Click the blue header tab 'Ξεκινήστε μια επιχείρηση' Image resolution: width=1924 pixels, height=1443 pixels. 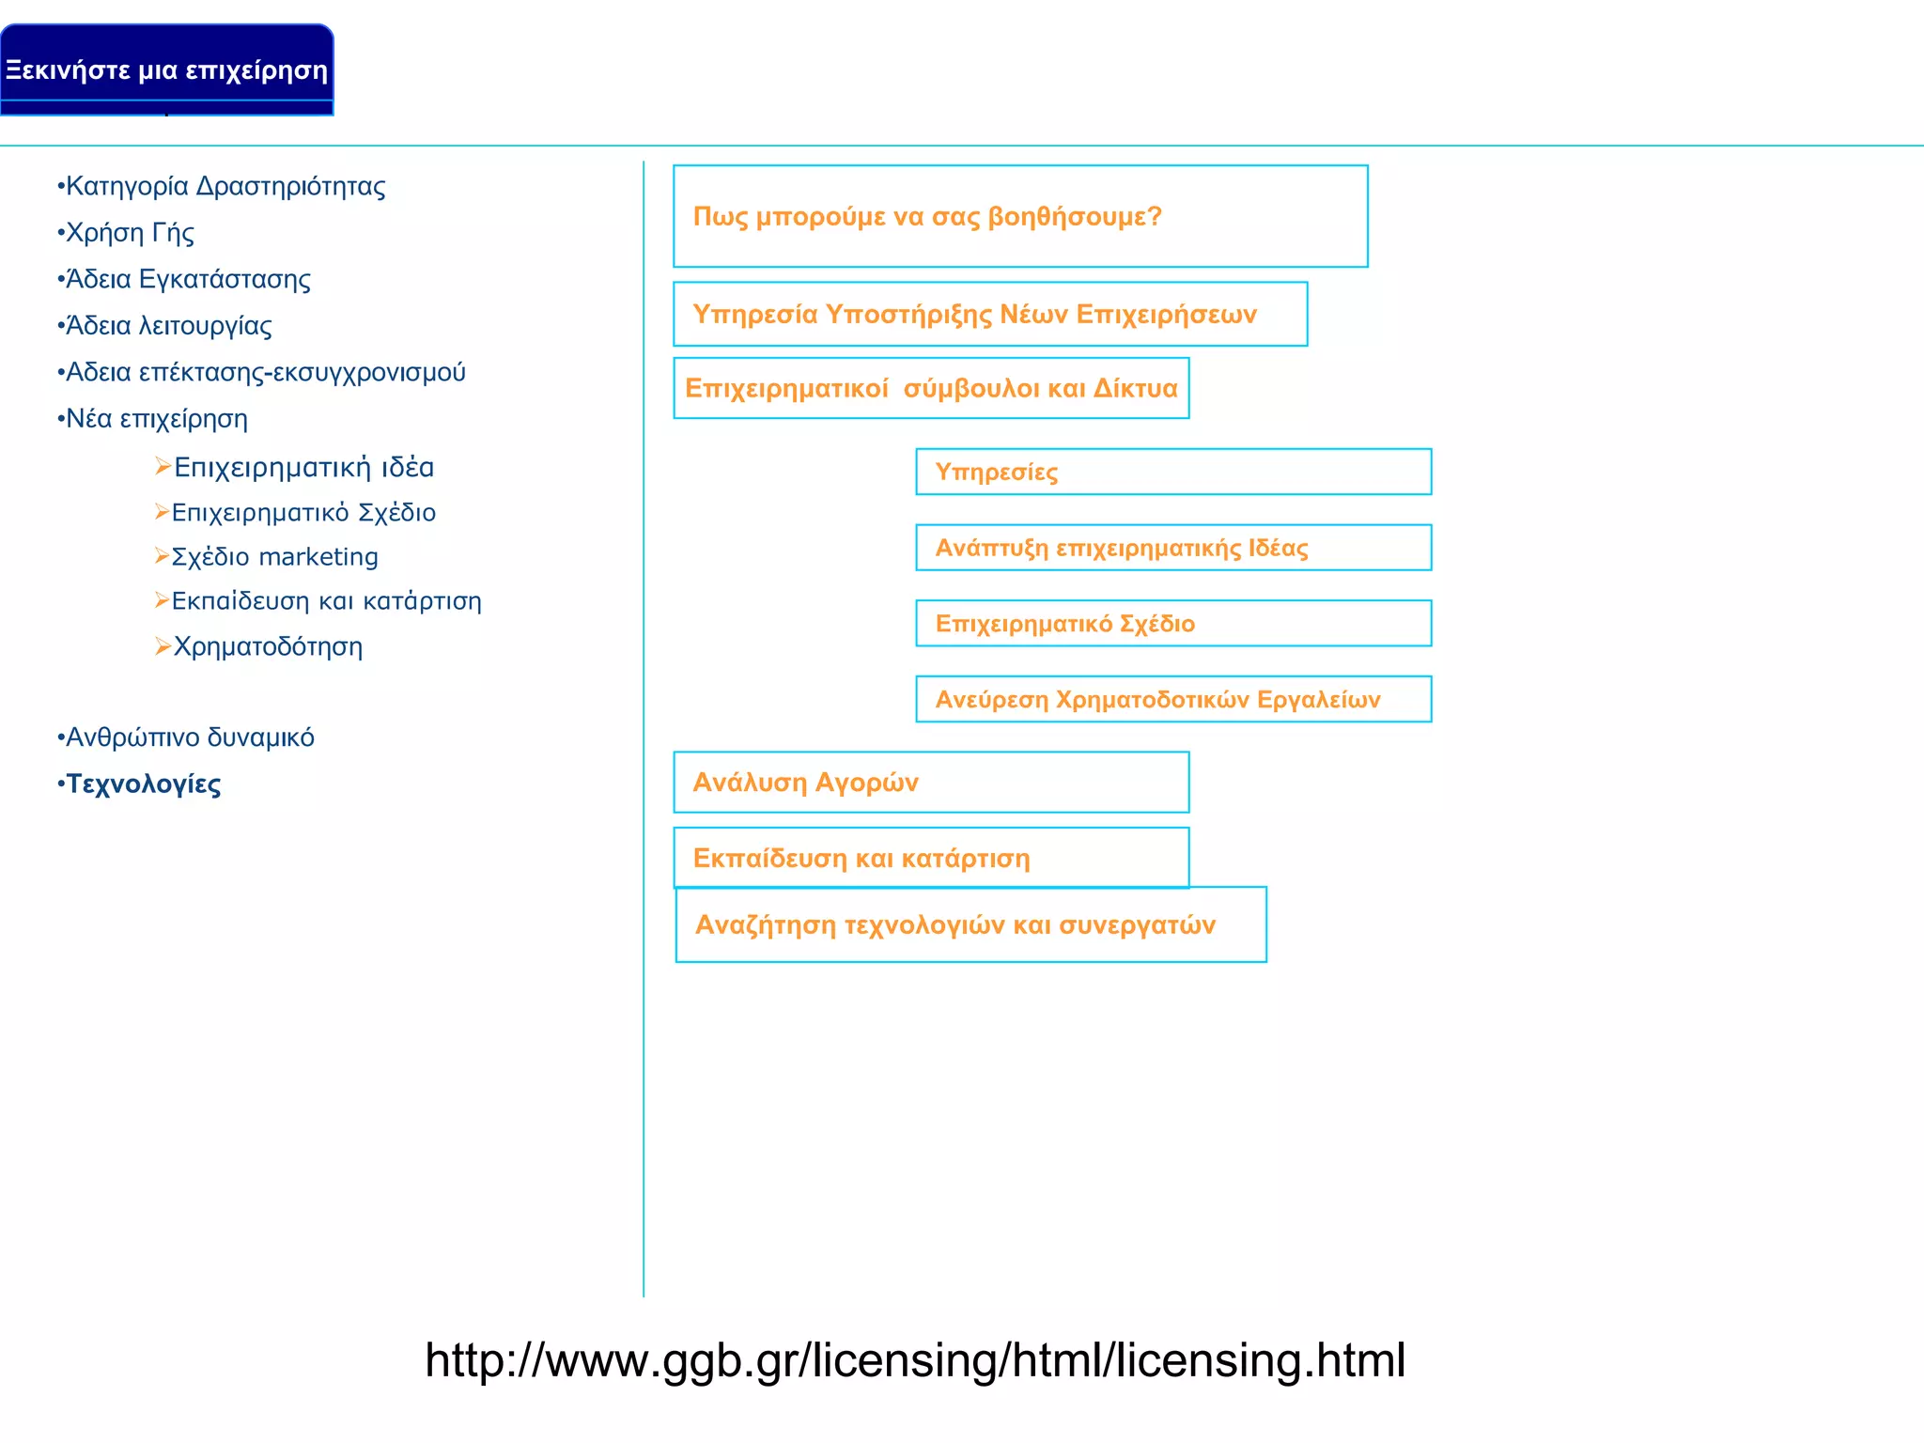[x=166, y=70]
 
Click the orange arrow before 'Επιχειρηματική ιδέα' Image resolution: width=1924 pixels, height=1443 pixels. [x=163, y=466]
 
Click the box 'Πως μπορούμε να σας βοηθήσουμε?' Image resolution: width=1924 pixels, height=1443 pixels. [x=1020, y=216]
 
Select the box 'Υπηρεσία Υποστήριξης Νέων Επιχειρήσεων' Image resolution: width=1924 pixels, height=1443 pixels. [x=990, y=314]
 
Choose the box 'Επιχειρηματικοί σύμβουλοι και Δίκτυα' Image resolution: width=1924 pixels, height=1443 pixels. [x=931, y=388]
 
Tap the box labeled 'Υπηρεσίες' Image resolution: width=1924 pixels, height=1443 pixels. [x=1173, y=472]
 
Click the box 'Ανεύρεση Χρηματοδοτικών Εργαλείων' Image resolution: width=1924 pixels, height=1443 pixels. [x=1173, y=699]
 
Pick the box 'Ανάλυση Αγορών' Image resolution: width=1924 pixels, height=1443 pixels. [x=931, y=782]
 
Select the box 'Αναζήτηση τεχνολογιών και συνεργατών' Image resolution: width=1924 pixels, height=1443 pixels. [x=970, y=924]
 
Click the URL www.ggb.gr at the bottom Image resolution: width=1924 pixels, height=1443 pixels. [x=915, y=1359]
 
